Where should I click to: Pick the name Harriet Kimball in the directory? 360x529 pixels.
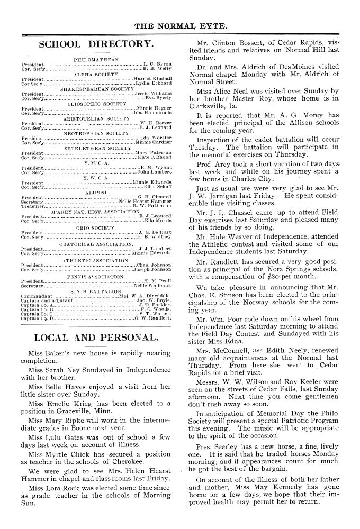tap(153, 79)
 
